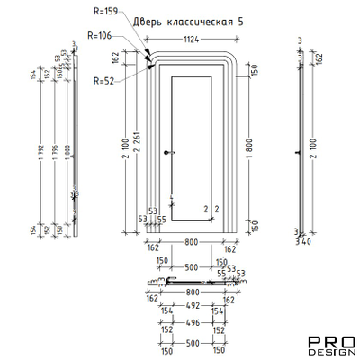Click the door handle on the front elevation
click(x=167, y=154)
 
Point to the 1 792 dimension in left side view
click(x=40, y=148)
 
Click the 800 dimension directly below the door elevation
click(x=191, y=242)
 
